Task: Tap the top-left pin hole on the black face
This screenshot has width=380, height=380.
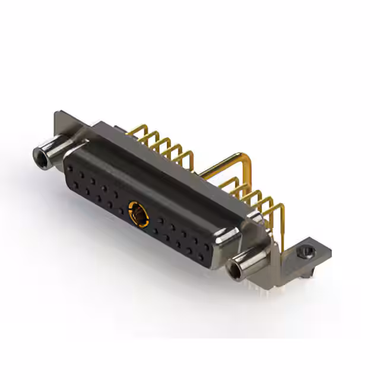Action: pos(72,163)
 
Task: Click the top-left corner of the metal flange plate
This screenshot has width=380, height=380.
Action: pos(59,115)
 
